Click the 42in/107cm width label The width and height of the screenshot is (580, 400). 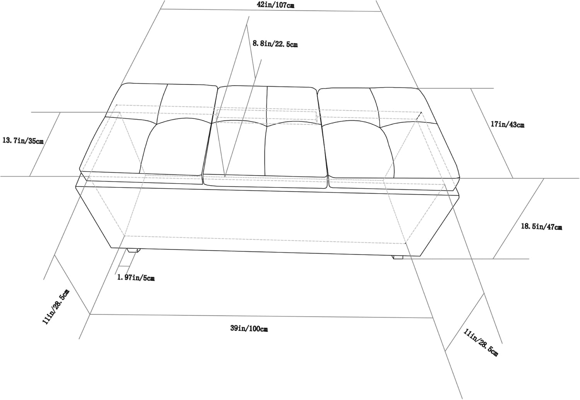pos(276,5)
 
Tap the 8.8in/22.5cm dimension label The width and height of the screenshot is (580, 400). pos(275,44)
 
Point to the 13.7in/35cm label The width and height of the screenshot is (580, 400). pos(23,141)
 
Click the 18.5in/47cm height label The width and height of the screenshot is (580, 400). pos(541,226)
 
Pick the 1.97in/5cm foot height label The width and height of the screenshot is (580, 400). pos(136,278)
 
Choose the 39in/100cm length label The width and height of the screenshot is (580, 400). pos(249,329)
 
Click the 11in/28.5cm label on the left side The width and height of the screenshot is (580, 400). pos(56,307)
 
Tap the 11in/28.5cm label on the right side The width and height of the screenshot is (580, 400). pos(481,343)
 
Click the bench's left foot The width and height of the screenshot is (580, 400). pos(133,250)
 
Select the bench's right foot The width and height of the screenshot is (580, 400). pos(398,257)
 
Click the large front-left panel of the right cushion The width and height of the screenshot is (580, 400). pos(358,150)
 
